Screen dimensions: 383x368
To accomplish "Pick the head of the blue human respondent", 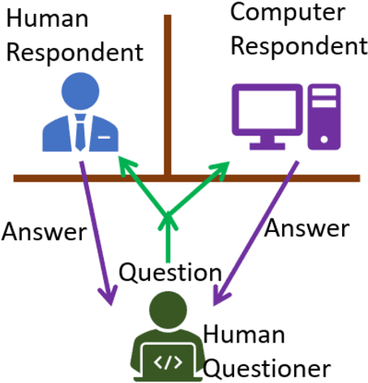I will (x=80, y=92).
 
